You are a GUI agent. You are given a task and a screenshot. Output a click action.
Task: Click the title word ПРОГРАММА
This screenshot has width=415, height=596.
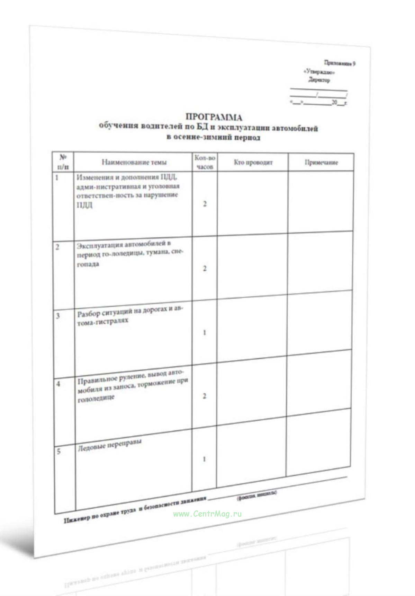pyautogui.click(x=214, y=117)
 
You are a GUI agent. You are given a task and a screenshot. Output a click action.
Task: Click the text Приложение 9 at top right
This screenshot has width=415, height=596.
pyautogui.click(x=340, y=63)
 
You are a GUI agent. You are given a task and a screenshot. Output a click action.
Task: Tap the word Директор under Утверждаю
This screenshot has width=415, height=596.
pyautogui.click(x=319, y=80)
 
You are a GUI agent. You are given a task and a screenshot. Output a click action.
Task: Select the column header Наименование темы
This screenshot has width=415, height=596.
pyautogui.click(x=134, y=162)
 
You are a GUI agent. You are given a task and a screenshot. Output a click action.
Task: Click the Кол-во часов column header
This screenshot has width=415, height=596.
pyautogui.click(x=205, y=162)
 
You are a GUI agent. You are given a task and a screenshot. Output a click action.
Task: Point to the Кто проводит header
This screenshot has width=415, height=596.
pyautogui.click(x=253, y=162)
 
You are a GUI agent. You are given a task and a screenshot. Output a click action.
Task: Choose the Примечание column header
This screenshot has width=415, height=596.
pyautogui.click(x=321, y=162)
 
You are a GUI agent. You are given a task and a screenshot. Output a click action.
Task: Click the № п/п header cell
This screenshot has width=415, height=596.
pyautogui.click(x=63, y=162)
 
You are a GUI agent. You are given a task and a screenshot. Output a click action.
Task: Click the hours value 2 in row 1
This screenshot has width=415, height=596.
pyautogui.click(x=205, y=204)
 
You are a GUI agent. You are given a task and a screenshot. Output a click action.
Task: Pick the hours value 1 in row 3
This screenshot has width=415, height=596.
pyautogui.click(x=204, y=333)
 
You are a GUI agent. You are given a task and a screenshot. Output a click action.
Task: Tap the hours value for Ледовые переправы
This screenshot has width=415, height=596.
pyautogui.click(x=204, y=459)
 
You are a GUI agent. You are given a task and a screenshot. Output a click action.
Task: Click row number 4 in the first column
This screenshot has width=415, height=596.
pyautogui.click(x=58, y=384)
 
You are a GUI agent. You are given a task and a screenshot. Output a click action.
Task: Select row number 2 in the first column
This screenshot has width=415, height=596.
pyautogui.click(x=57, y=247)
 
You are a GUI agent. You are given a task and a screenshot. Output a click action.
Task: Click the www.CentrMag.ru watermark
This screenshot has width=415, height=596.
pyautogui.click(x=207, y=514)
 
